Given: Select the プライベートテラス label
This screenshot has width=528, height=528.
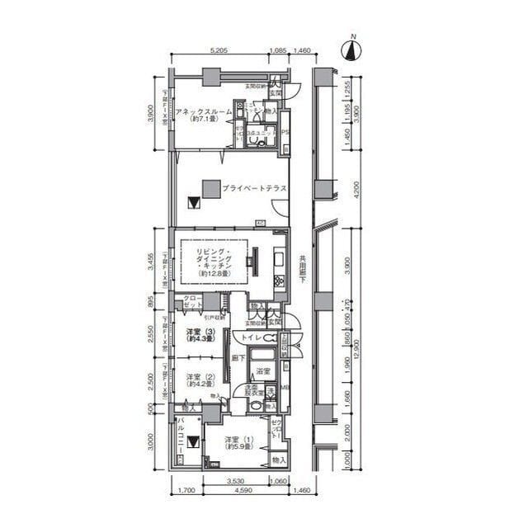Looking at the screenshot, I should click(x=254, y=189).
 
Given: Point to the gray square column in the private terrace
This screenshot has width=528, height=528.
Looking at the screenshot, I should click(x=211, y=187).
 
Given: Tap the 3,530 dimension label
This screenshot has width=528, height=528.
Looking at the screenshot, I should click(x=239, y=481).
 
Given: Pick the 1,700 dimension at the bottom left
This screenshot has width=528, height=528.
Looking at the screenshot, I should click(x=186, y=493).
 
